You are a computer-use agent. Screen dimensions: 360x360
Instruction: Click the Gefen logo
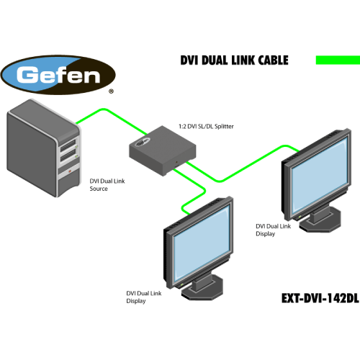pos(58,74)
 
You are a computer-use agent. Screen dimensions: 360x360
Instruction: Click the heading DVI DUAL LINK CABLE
pos(233,60)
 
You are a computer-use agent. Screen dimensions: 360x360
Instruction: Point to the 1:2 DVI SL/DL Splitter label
pos(206,126)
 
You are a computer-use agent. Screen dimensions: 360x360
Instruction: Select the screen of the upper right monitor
pos(320,176)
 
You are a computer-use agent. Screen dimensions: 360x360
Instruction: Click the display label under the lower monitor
pos(146,297)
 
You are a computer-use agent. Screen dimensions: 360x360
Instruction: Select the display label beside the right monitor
pos(274,230)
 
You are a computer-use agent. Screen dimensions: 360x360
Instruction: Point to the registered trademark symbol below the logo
pos(110,92)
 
